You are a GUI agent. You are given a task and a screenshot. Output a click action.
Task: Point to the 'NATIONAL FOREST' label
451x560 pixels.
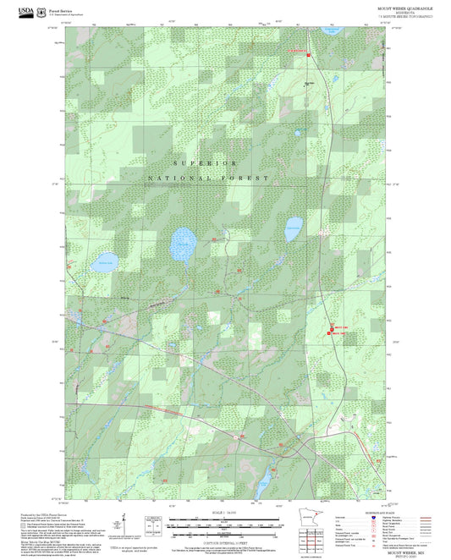click(x=208, y=178)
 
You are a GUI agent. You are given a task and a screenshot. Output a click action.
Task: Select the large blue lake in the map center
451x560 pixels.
click(x=182, y=245)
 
